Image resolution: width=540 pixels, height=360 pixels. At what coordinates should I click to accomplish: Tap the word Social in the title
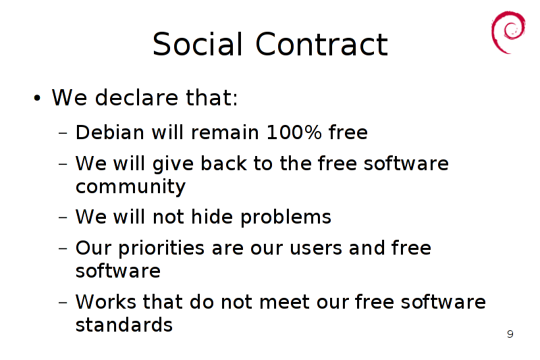click(x=198, y=44)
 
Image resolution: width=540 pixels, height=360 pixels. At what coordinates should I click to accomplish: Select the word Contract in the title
click(x=322, y=44)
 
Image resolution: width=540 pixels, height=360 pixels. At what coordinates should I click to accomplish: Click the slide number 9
click(x=510, y=334)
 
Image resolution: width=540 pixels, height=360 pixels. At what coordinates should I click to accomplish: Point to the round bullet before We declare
click(x=37, y=98)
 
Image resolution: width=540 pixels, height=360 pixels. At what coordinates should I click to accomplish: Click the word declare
click(x=136, y=97)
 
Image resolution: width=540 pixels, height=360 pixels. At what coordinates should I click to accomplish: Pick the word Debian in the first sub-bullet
click(x=110, y=132)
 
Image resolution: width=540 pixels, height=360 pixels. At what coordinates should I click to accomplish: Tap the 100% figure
click(x=294, y=132)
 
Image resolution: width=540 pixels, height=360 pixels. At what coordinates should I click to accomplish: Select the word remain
click(x=225, y=132)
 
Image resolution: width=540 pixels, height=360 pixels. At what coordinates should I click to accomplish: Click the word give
click(x=173, y=164)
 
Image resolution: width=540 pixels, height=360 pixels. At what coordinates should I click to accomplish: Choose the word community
click(x=130, y=187)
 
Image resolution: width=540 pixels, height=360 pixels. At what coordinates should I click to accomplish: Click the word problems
click(x=286, y=217)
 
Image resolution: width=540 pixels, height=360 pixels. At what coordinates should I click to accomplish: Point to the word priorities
click(x=161, y=249)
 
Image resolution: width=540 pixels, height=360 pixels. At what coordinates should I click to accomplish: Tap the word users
click(x=316, y=249)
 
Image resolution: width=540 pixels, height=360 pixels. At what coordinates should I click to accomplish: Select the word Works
click(x=106, y=302)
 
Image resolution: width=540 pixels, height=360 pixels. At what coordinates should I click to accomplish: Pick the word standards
click(x=124, y=324)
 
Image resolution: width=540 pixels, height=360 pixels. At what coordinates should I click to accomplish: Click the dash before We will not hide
click(x=63, y=217)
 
